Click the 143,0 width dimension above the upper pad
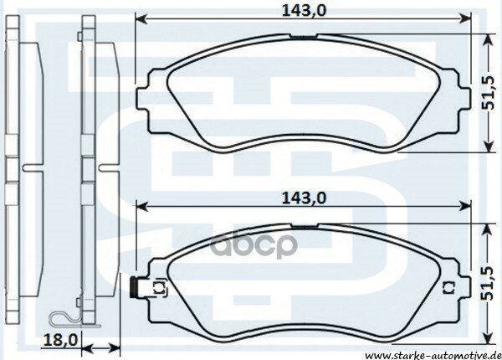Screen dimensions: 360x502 click(302, 9)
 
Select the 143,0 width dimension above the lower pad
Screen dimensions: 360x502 click(302, 198)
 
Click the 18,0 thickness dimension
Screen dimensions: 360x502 click(56, 340)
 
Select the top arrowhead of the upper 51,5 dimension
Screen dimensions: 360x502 click(487, 36)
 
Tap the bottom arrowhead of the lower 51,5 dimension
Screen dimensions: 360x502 click(487, 337)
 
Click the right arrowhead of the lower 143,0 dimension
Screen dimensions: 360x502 click(465, 207)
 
